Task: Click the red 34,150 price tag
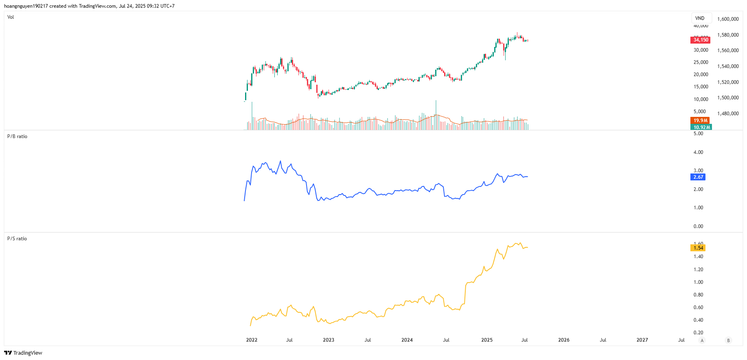701,40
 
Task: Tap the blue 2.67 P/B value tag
698,177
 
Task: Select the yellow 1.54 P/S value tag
698,248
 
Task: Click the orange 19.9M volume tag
700,121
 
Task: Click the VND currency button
700,18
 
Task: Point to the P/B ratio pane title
17,136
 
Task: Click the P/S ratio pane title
17,239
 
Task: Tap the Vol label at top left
11,17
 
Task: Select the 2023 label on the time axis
329,340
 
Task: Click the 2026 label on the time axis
564,340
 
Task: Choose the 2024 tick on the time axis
407,340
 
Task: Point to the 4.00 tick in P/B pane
698,152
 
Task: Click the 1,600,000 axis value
728,19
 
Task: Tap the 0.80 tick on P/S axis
698,295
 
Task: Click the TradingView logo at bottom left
23,353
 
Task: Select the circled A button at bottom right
702,340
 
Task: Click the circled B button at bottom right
728,340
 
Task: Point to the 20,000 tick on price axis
701,75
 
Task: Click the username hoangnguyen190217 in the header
26,6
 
